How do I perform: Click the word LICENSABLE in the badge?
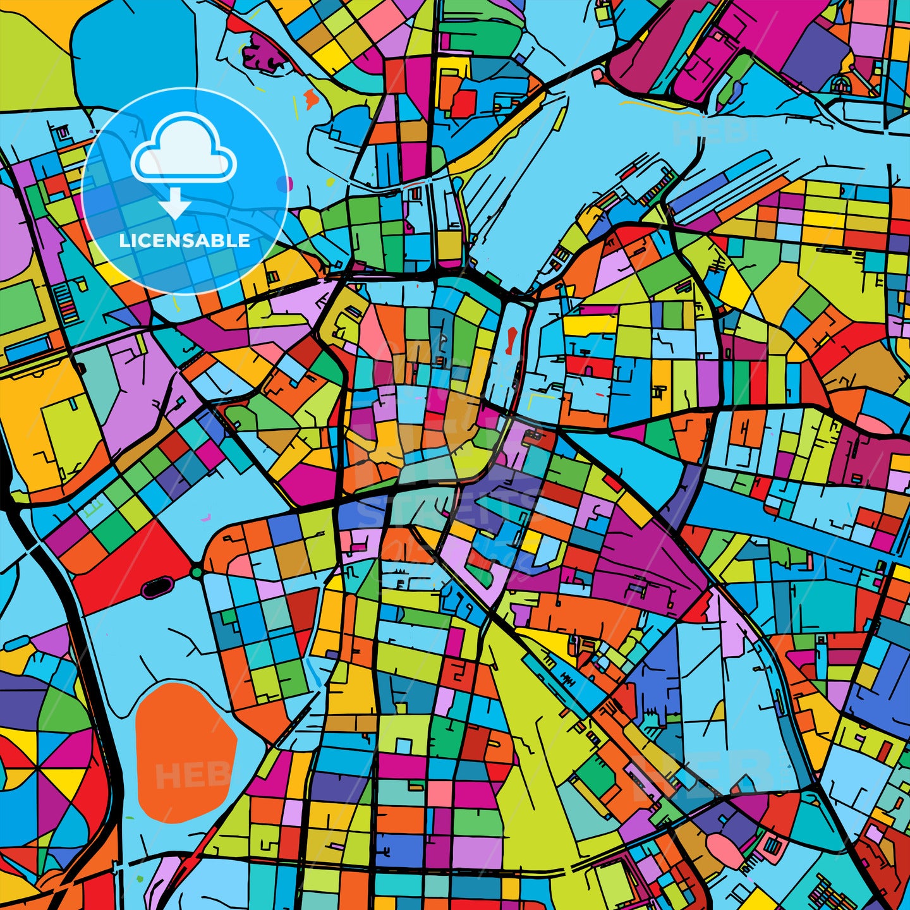[x=185, y=240]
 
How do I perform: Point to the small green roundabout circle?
[x=197, y=573]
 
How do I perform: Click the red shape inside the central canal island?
[x=511, y=342]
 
